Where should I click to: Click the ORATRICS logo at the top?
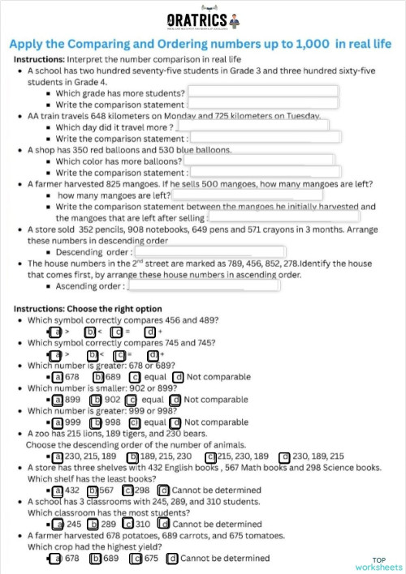point(202,19)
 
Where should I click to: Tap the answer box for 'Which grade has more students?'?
point(261,92)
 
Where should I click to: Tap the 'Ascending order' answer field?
point(209,286)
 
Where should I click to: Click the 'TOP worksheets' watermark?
point(386,563)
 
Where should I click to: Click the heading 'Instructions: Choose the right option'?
point(88,309)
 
